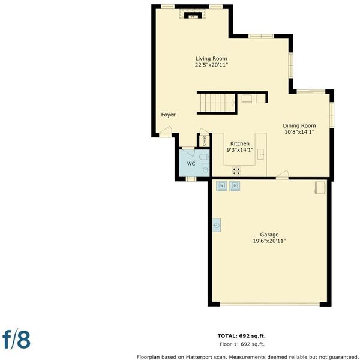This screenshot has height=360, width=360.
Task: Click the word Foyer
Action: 168,115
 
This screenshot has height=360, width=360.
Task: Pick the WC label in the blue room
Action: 191,163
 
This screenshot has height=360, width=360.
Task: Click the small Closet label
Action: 205,141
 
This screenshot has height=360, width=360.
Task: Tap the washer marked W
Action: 221,186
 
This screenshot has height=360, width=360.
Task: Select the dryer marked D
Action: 235,186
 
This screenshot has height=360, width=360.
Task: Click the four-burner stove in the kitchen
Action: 236,170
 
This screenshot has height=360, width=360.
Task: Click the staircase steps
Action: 218,103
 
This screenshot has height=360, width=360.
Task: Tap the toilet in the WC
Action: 205,157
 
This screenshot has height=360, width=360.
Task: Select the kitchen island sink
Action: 261,154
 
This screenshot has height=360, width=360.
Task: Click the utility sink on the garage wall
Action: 217,225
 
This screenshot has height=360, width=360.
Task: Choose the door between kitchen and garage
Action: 282,175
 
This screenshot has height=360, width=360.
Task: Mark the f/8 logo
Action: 16,340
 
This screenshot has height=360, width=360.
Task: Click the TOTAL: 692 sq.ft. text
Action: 242,336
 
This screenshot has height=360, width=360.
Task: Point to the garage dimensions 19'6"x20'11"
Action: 269,241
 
